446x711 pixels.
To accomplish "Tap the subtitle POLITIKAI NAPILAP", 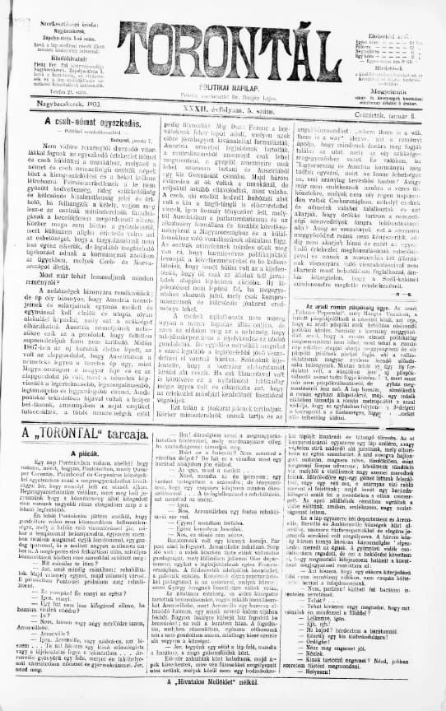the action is (x=224, y=85).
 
